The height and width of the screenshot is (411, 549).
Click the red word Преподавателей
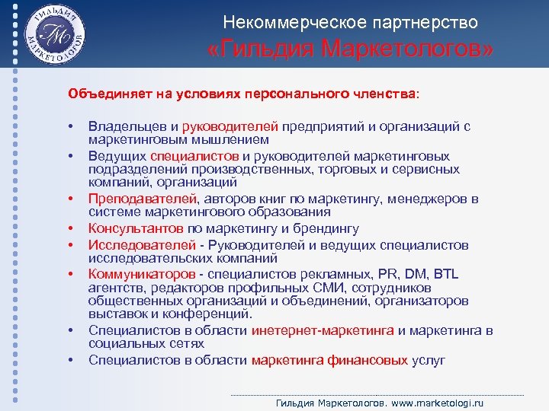click(x=138, y=199)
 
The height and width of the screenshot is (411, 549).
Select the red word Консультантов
click(x=135, y=228)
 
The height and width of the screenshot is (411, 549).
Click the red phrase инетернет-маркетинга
click(x=323, y=330)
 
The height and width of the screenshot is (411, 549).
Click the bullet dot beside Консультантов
click(x=69, y=228)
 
